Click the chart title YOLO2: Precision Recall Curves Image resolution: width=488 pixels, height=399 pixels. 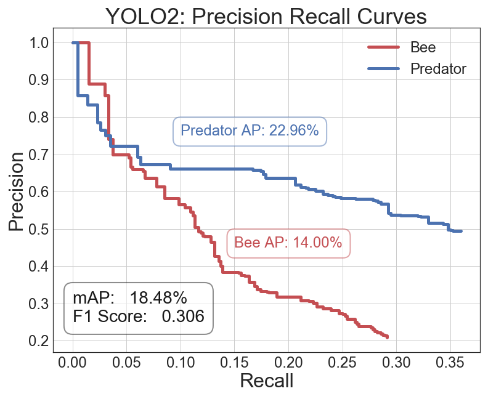click(266, 16)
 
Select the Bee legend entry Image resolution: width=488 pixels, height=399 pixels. click(422, 47)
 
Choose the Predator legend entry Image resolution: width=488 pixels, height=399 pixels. click(438, 68)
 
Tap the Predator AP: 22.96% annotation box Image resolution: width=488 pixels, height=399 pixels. click(250, 131)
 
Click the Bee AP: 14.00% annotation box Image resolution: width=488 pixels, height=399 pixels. click(288, 243)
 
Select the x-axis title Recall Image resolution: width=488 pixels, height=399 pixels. click(266, 381)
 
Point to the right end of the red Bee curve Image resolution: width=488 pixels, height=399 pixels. click(387, 337)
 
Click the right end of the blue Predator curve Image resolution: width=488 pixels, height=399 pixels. click(461, 231)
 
